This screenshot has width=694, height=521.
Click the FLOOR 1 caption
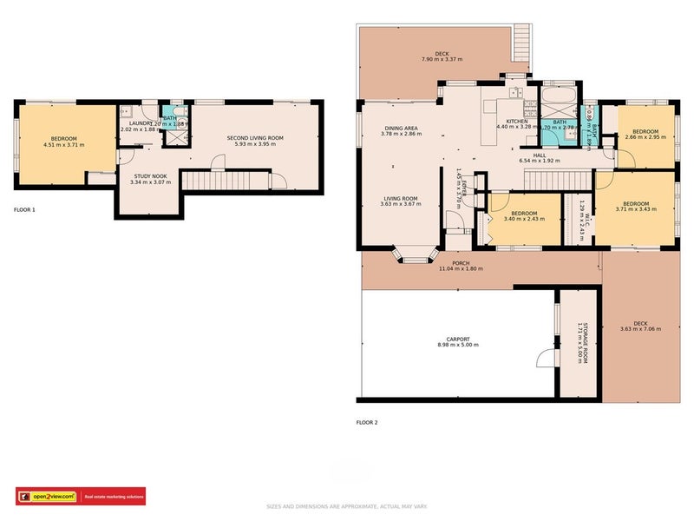26,209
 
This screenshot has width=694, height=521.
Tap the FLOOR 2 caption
367,422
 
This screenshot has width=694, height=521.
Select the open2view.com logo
47,498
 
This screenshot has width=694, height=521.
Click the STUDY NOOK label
147,175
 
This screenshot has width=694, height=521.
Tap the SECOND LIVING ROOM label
255,138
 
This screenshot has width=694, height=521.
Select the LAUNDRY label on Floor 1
141,123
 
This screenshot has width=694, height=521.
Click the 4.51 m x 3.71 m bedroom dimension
63,145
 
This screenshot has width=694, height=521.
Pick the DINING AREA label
403,129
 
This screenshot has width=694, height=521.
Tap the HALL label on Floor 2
540,155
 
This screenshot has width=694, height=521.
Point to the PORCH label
461,263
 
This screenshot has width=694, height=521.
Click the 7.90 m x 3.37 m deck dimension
442,59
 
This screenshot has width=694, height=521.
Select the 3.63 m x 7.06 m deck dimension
640,329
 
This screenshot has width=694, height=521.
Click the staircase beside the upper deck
521,39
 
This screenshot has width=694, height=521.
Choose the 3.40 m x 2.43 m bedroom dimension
523,218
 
